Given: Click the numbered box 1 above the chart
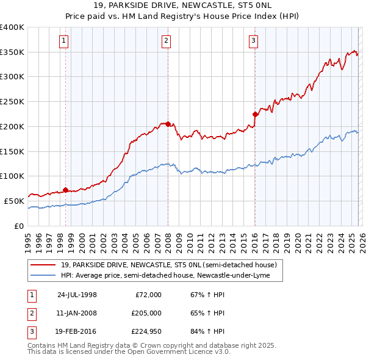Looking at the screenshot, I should click(65, 41).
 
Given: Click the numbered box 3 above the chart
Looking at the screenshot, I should click(253, 41).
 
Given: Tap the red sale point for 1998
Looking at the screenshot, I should click(65, 190).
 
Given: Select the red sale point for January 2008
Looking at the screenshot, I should click(168, 124).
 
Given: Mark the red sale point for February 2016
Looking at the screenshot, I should click(255, 114).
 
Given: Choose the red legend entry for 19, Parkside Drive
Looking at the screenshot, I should click(168, 265).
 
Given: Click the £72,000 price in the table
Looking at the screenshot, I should click(148, 295).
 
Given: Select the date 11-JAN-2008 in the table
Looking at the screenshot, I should click(77, 314).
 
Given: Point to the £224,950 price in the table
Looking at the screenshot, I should click(146, 333).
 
